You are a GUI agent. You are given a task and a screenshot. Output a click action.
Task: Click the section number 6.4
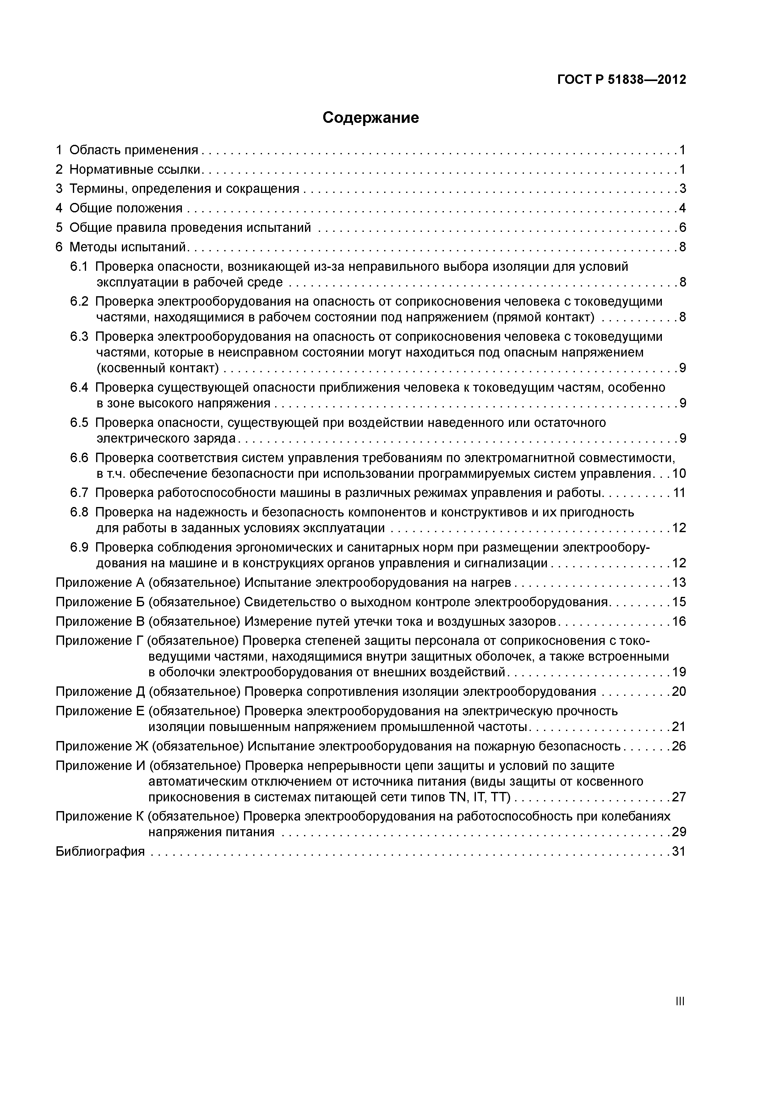(x=79, y=387)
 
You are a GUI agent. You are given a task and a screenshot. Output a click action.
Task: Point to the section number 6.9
(x=79, y=547)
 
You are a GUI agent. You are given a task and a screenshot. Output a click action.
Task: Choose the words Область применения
(x=133, y=150)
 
